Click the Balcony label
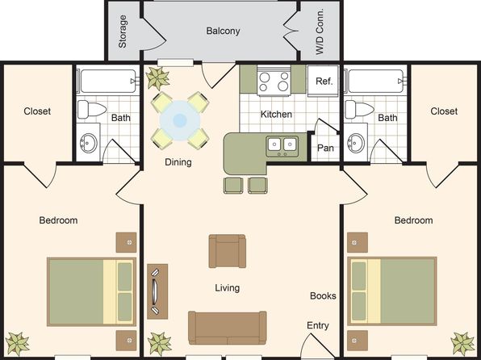click(x=223, y=31)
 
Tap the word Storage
click(x=123, y=31)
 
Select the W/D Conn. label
click(x=320, y=31)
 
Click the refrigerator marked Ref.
click(x=323, y=81)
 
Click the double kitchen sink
click(x=282, y=146)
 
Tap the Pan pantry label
click(x=325, y=148)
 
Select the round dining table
click(x=180, y=120)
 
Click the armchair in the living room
click(x=228, y=251)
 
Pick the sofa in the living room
click(x=228, y=328)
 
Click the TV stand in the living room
click(x=157, y=291)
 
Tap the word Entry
click(x=318, y=325)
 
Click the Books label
click(x=323, y=296)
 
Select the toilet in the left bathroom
click(x=92, y=109)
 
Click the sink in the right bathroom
click(x=356, y=143)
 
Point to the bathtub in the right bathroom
click(x=375, y=81)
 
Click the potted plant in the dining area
click(x=157, y=78)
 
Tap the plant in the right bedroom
click(x=462, y=344)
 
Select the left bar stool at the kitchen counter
click(x=233, y=186)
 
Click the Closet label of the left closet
click(x=37, y=111)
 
